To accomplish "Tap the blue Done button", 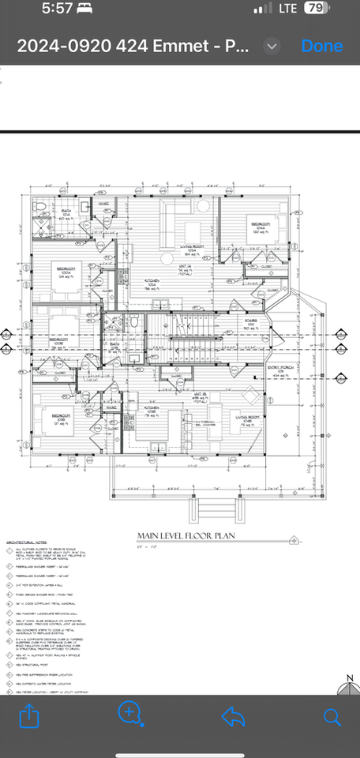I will coord(321,46).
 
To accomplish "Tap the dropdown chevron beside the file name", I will coord(272,46).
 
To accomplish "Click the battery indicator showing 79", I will coord(317,9).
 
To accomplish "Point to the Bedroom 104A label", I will coord(262,227).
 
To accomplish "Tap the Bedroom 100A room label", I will coord(66,271).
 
